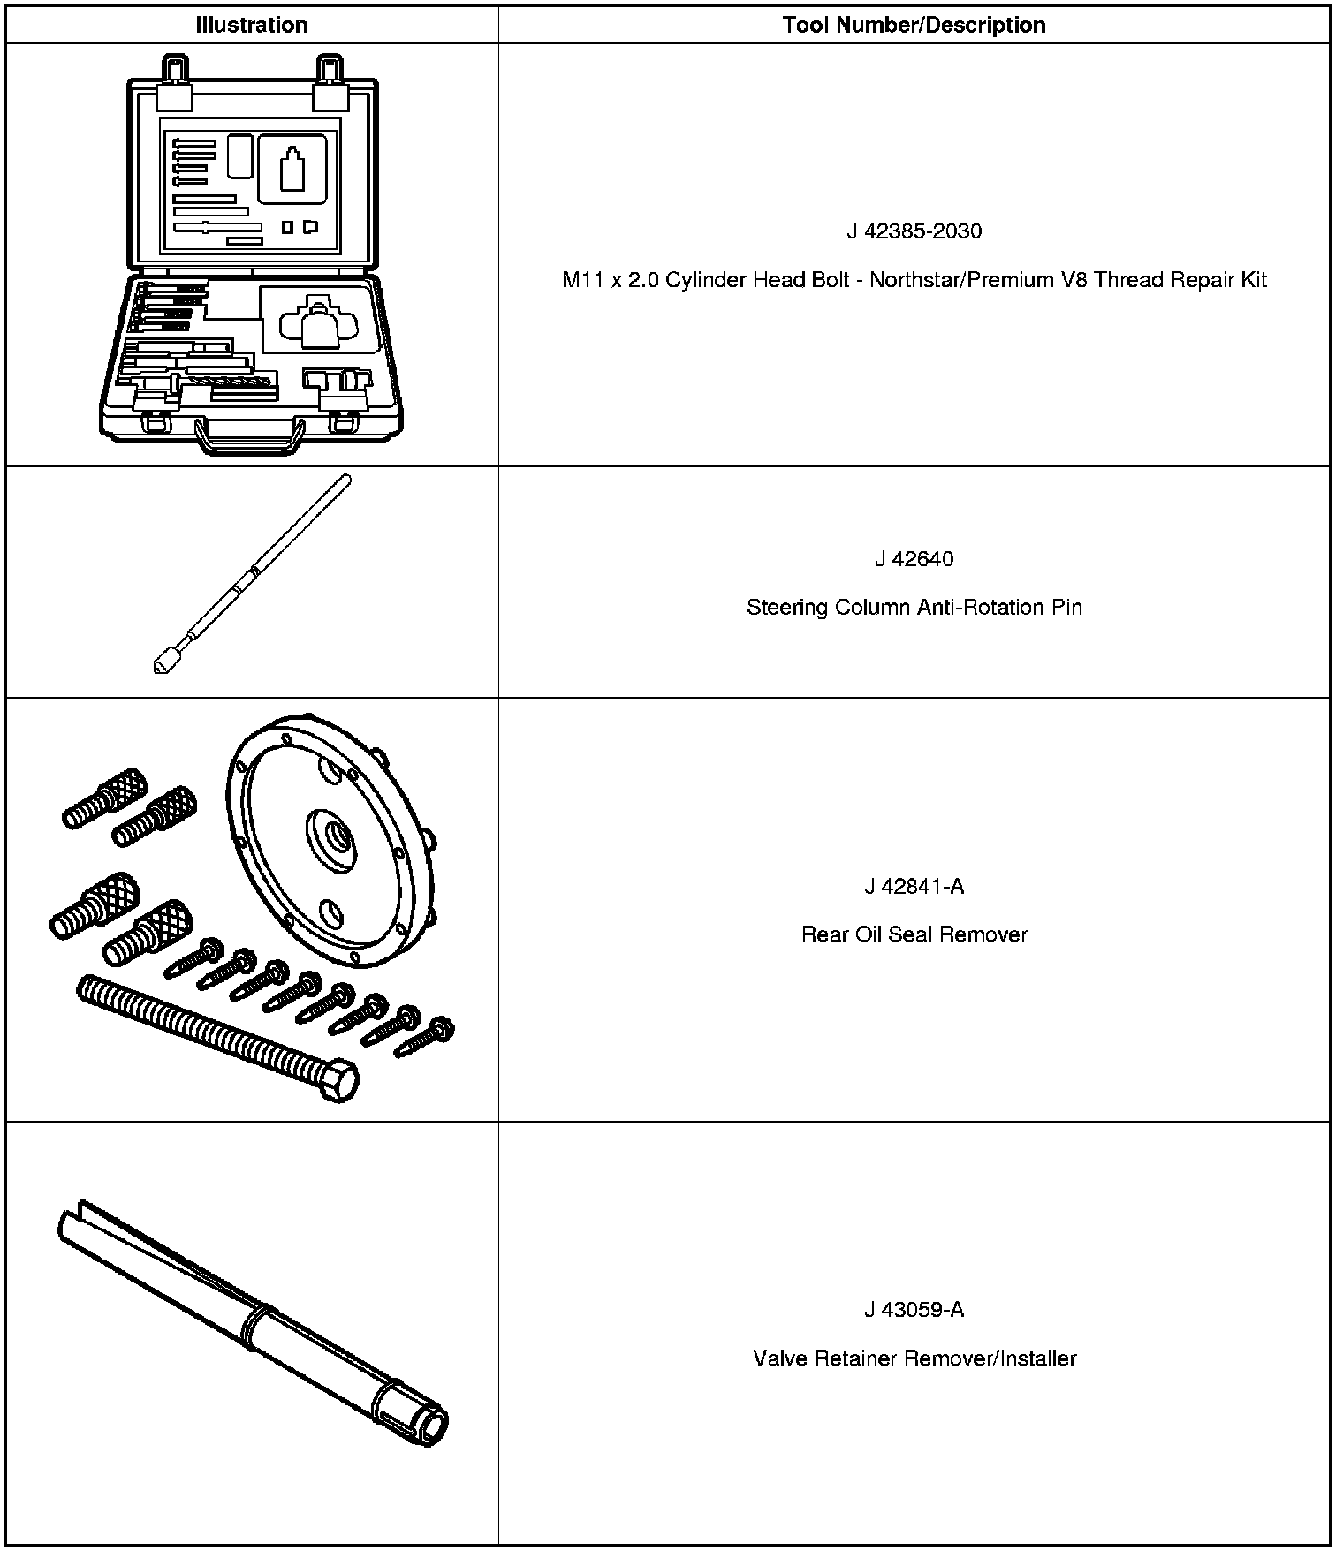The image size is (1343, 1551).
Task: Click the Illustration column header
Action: [x=251, y=25]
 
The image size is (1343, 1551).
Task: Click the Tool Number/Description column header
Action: [x=914, y=25]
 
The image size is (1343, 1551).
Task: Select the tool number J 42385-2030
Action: [x=914, y=231]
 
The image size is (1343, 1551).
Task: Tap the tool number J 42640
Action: [x=914, y=559]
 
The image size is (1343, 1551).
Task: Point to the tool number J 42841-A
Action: [x=914, y=886]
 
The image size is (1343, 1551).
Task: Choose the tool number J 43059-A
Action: [x=914, y=1309]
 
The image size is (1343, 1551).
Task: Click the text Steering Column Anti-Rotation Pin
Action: [x=914, y=608]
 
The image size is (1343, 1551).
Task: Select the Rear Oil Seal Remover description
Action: [x=914, y=934]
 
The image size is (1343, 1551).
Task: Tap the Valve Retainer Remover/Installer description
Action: [x=914, y=1358]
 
